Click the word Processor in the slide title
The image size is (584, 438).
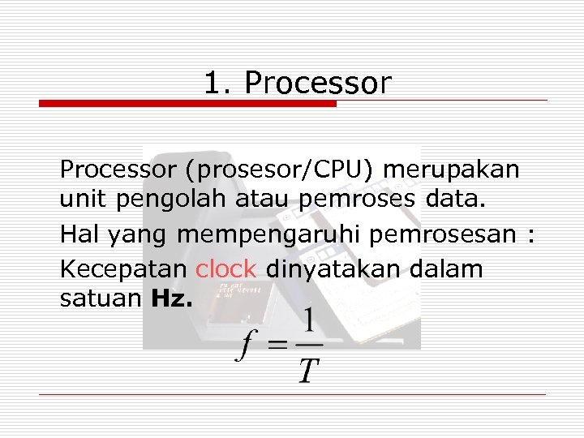pos(317,84)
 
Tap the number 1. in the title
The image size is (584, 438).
pos(217,83)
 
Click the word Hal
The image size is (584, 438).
pos(78,235)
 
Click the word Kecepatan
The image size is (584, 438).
pos(124,269)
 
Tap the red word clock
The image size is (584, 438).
pos(225,268)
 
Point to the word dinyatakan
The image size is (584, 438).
pos(334,269)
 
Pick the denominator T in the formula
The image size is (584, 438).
pos(307,371)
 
